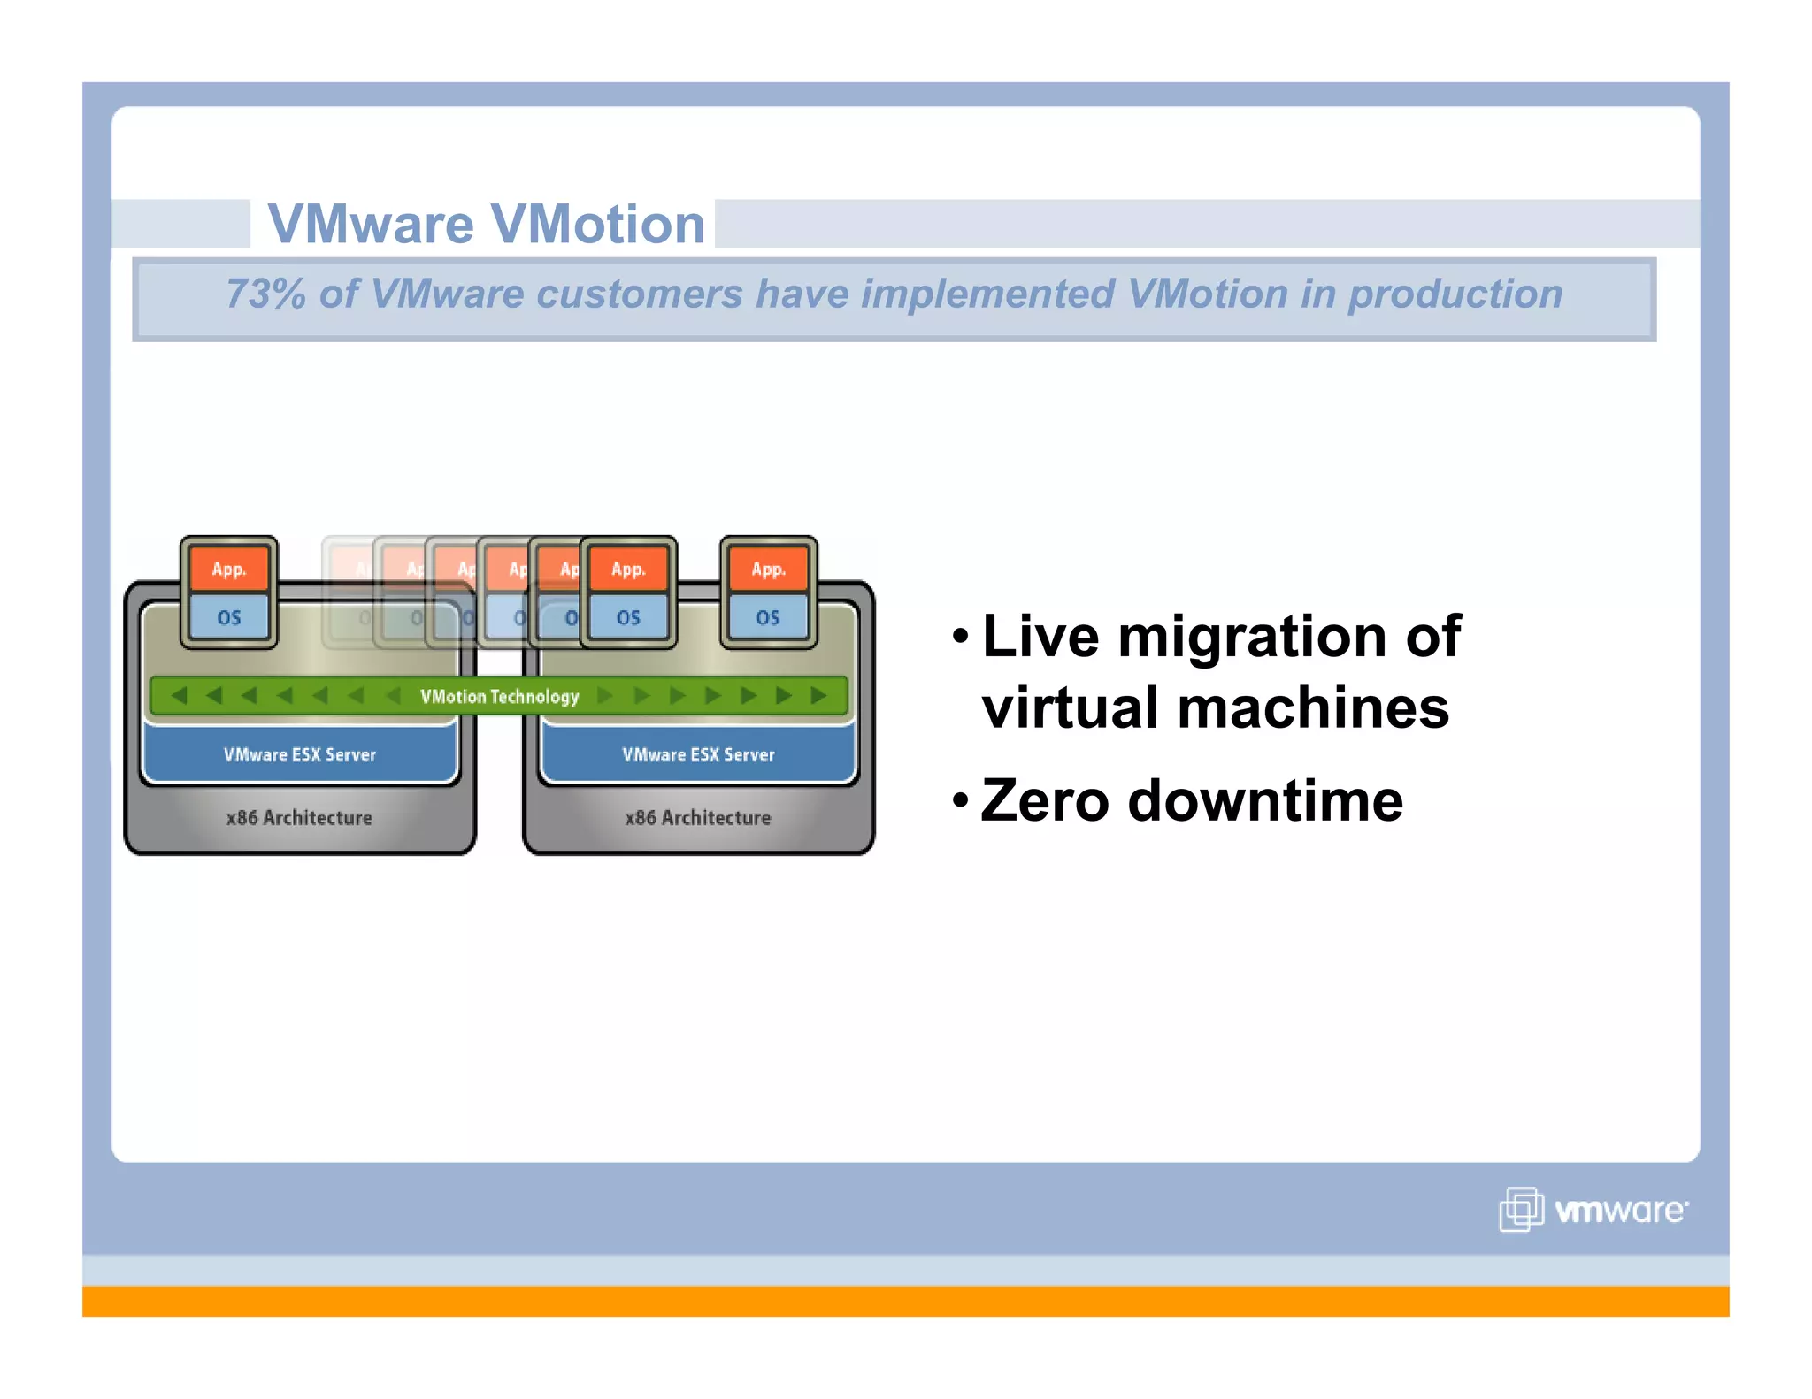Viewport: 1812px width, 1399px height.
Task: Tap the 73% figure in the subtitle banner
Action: pos(265,294)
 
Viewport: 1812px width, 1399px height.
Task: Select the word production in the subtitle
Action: pos(1455,294)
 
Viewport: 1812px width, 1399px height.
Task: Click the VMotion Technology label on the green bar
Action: pos(499,696)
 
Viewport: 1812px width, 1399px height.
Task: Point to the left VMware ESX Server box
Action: pos(299,754)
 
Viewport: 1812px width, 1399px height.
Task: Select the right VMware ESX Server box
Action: pos(697,754)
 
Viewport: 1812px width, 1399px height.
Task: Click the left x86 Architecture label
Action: pos(299,817)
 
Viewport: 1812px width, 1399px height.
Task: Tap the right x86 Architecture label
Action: pos(697,817)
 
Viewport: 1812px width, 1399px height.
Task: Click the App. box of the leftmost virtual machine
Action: pos(228,570)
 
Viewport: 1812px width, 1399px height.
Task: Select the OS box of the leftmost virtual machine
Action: pos(228,617)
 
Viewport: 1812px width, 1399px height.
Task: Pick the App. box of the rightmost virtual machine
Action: pos(768,570)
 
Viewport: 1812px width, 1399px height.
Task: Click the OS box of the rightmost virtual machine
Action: pos(768,617)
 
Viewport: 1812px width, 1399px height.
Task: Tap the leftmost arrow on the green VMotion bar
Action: pos(179,695)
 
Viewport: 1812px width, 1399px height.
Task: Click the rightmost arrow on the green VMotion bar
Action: pos(819,695)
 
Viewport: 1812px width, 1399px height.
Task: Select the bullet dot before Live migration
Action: pos(961,636)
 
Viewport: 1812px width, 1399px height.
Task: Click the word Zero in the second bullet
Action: pos(1044,800)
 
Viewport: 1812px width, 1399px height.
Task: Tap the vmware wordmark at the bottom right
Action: pos(1621,1210)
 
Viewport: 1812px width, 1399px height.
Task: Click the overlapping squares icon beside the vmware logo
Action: pos(1521,1209)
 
